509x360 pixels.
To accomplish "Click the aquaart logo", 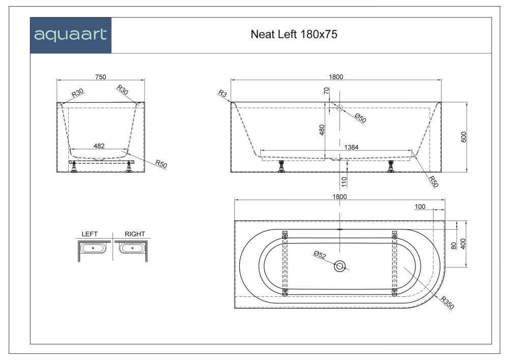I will (70, 35).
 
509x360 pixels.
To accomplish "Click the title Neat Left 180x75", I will (294, 35).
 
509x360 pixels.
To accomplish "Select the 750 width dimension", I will (100, 77).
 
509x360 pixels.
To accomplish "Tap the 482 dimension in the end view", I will (99, 146).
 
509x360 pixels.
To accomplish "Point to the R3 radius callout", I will (222, 93).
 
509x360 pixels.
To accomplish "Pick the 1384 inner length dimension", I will (352, 147).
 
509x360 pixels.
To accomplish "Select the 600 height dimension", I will (464, 137).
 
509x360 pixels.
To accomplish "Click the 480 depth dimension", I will (322, 130).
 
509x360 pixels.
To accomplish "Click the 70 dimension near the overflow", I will (326, 92).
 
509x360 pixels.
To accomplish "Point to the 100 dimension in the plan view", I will (420, 207).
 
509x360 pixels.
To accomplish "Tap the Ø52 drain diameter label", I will (320, 255).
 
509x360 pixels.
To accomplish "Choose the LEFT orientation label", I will (90, 234).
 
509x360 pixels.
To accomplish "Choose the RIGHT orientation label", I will (135, 234).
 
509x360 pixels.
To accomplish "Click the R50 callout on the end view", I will (161, 164).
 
